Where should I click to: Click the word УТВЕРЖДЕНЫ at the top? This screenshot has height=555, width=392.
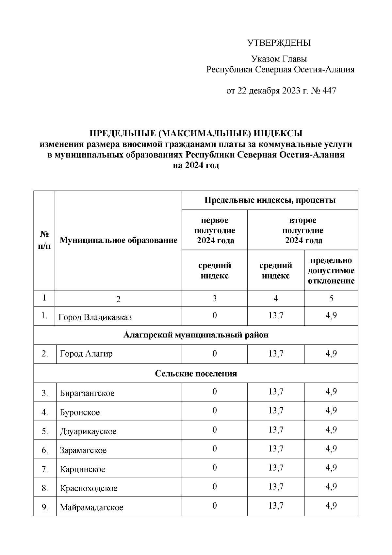(x=279, y=43)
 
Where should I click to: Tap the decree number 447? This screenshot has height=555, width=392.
(x=329, y=91)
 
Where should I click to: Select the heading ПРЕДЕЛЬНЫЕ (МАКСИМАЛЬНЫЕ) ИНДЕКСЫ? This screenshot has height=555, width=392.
(x=196, y=133)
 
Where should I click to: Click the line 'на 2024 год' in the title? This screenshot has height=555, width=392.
(x=196, y=165)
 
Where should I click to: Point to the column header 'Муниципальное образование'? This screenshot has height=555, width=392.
(x=118, y=241)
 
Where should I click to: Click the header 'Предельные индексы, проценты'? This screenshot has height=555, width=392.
(x=270, y=200)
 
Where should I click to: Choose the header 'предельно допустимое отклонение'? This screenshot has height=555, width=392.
(x=331, y=271)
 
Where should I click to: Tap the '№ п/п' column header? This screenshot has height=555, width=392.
(x=44, y=240)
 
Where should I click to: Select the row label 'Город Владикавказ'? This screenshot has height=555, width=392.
(x=95, y=317)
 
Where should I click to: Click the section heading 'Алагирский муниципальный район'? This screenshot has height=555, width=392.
(x=196, y=335)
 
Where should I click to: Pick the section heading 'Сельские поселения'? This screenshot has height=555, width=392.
(x=196, y=373)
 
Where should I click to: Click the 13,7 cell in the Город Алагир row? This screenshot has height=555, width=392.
(x=276, y=354)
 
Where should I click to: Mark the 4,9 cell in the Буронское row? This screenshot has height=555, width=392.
(x=331, y=411)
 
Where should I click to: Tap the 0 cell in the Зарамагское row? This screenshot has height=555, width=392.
(x=214, y=449)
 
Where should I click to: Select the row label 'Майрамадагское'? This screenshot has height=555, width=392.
(x=91, y=508)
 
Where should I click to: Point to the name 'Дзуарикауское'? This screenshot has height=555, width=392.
(x=88, y=431)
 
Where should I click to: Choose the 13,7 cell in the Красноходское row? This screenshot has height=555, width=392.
(x=276, y=487)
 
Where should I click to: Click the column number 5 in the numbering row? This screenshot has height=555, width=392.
(x=331, y=298)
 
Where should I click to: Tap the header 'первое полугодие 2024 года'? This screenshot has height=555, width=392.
(x=215, y=230)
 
